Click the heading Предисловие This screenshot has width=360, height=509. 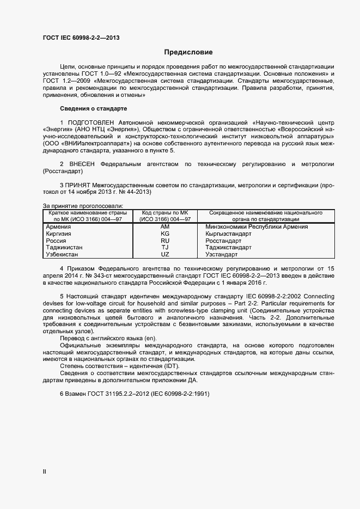pos(188,53)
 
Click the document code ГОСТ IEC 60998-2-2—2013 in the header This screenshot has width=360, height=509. pos(81,38)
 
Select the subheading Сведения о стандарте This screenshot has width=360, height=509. pos(93,109)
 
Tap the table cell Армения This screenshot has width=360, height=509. pos(58,226)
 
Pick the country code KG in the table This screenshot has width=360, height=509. pos(165,234)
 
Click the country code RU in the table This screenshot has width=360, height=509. pos(165,241)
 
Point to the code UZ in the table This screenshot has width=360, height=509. pos(165,254)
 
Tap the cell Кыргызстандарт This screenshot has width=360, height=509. pos(229,234)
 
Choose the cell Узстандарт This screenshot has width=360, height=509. pos(222,254)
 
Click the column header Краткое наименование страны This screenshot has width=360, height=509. pos(88,213)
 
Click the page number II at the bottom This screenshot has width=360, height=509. pos(45,473)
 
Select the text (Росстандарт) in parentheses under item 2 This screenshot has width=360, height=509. pos(63,171)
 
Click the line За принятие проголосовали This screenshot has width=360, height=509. pos(83,206)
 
